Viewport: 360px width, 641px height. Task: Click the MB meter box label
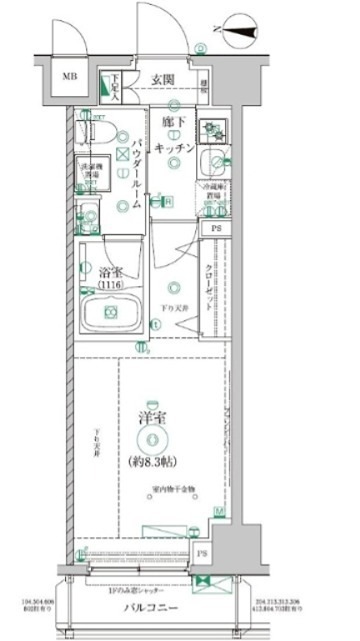click(71, 75)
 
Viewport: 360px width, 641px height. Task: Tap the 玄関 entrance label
click(165, 79)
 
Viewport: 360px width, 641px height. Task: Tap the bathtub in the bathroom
click(108, 319)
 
